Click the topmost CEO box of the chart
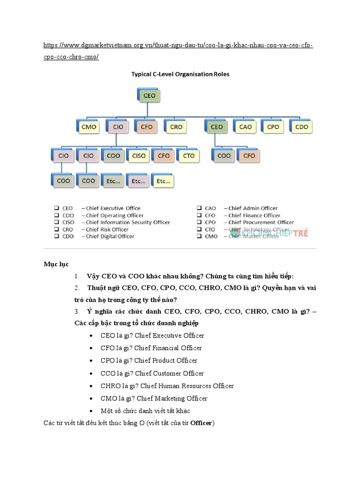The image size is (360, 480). (149, 96)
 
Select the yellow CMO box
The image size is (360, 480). (89, 127)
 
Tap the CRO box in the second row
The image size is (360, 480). (176, 127)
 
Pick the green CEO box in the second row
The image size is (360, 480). (217, 127)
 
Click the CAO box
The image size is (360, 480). (245, 127)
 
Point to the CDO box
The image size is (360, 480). (301, 127)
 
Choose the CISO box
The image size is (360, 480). (139, 156)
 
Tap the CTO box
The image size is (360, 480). (188, 156)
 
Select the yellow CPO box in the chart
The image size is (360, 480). (273, 127)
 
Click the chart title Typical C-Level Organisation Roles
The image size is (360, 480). (180, 74)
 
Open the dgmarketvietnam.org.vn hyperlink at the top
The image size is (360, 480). (178, 45)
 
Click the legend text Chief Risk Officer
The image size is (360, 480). (107, 229)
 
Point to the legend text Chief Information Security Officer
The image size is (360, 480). (127, 222)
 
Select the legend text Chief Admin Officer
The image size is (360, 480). (253, 208)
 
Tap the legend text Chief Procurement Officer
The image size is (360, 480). (261, 222)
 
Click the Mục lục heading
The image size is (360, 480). (56, 264)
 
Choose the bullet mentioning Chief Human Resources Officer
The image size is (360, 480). (167, 386)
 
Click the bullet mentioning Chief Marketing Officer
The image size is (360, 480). (154, 398)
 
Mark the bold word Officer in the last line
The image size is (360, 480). (201, 423)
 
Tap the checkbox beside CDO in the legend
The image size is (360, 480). (56, 236)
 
